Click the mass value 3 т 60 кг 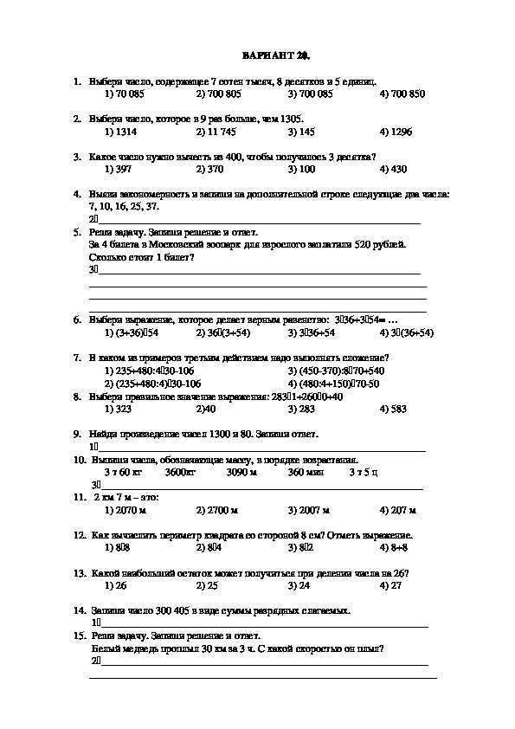[x=121, y=473]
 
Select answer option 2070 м [x=125, y=511]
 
